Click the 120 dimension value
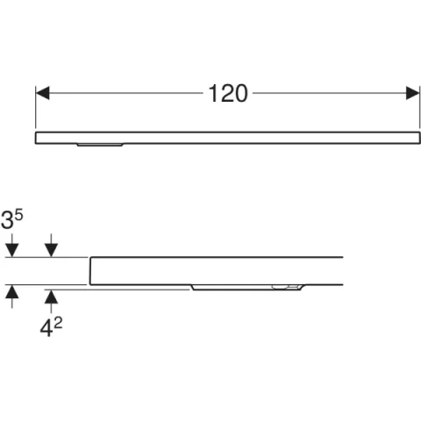[x=228, y=94]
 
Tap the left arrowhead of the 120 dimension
[x=42, y=93]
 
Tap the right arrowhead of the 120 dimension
[x=413, y=93]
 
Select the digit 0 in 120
[x=240, y=94]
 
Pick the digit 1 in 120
[x=212, y=94]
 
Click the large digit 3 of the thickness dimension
[x=7, y=220]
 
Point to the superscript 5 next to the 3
[x=18, y=216]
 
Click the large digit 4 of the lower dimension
[x=46, y=329]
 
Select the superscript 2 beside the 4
[x=58, y=324]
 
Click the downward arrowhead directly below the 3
[x=12, y=250]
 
